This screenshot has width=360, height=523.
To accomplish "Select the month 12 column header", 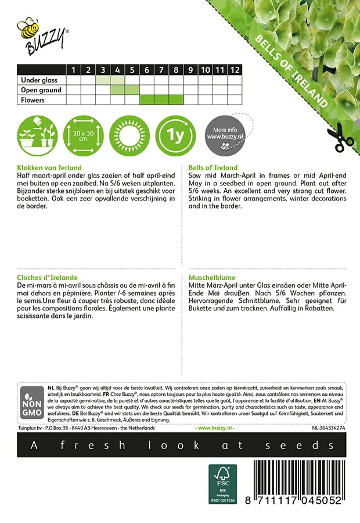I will (234, 70).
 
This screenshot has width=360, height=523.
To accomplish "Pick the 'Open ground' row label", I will (41, 90).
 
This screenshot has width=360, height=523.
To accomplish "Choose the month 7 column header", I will (161, 70).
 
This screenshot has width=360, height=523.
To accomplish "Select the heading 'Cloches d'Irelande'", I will (48, 278).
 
